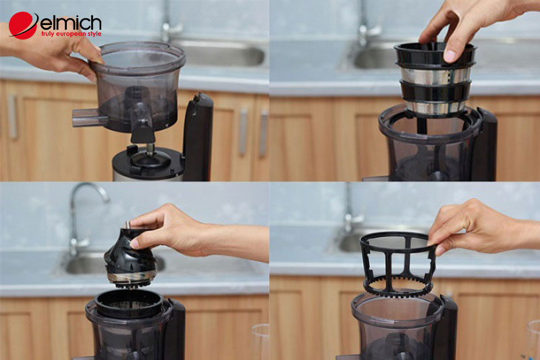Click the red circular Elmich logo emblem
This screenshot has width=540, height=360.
[23, 25]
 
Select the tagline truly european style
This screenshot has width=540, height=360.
[71, 34]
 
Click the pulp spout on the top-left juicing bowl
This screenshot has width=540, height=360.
[90, 118]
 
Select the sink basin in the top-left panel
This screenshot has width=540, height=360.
[216, 54]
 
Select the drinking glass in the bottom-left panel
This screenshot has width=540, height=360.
[261, 341]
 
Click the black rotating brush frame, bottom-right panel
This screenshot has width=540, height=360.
[399, 263]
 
